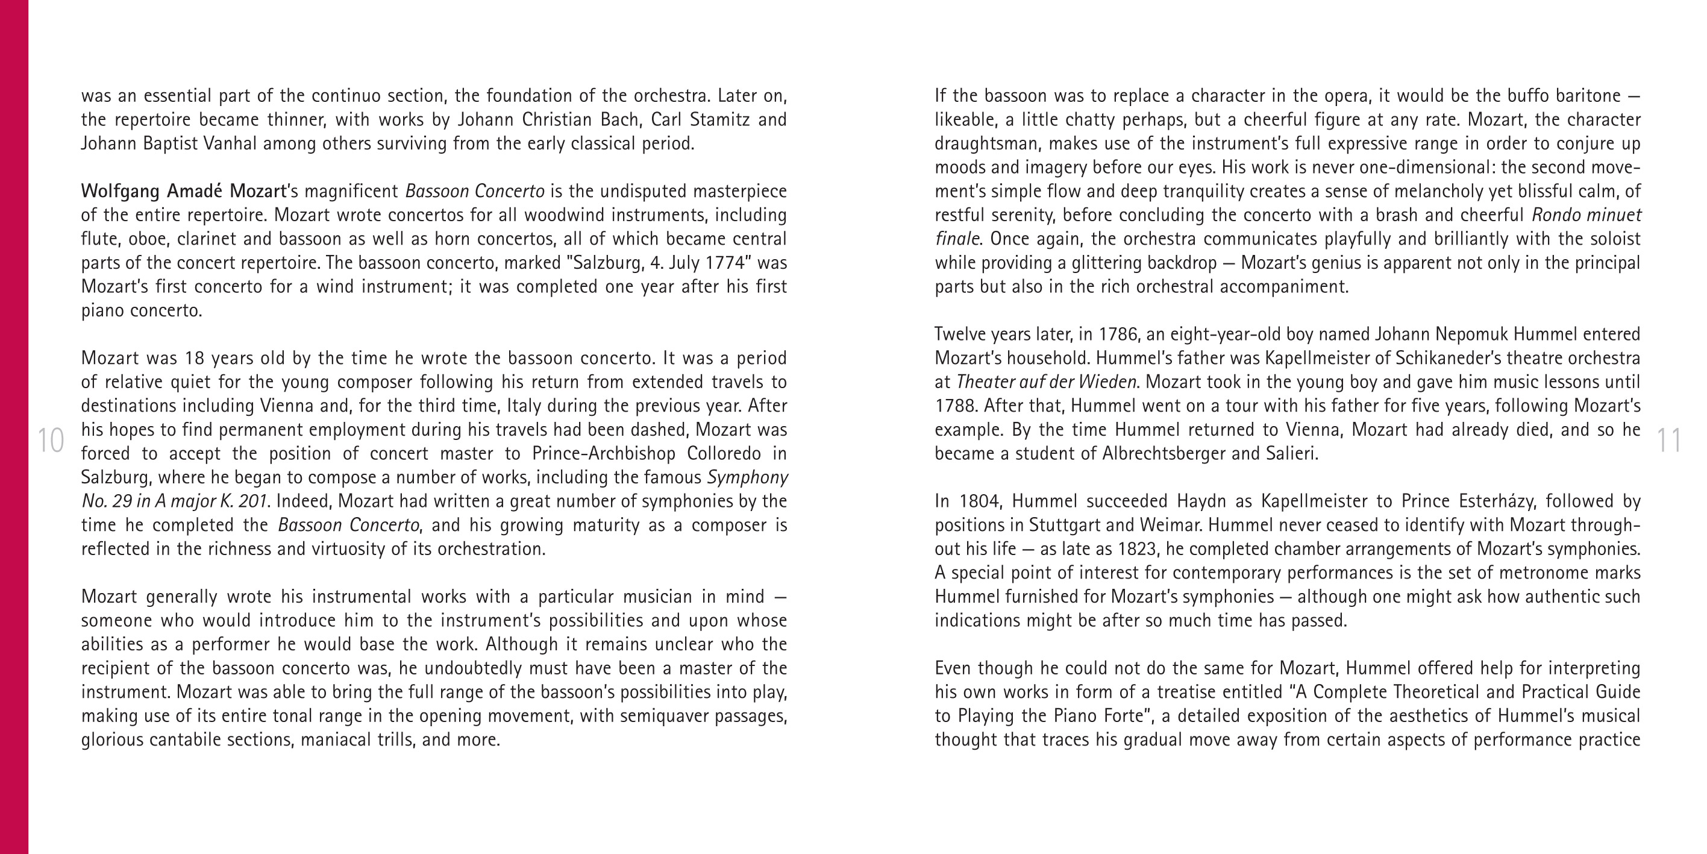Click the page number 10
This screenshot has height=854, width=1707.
pyautogui.click(x=51, y=441)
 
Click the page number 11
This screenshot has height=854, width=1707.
pyautogui.click(x=1668, y=441)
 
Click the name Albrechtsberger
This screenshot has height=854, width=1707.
pyautogui.click(x=1167, y=454)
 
